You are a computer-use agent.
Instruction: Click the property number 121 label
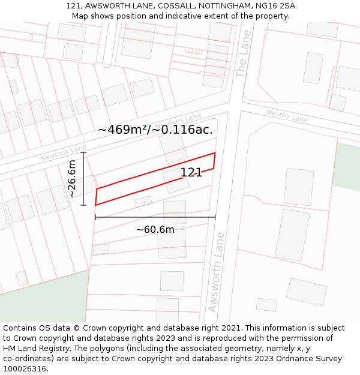point(191,173)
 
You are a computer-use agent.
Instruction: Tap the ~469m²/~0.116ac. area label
point(155,129)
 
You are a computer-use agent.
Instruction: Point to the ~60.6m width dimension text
point(155,230)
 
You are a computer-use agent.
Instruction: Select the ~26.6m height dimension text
point(72,179)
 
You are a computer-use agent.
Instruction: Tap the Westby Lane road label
point(287,116)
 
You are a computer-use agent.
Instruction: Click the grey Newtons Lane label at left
point(64,152)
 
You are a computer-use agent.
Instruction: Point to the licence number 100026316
point(25,368)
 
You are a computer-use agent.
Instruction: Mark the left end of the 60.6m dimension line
point(95,217)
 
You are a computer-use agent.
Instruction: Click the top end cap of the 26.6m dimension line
point(83,154)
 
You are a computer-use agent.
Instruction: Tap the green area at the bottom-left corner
point(36,300)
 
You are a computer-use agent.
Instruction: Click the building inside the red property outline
point(176,180)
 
